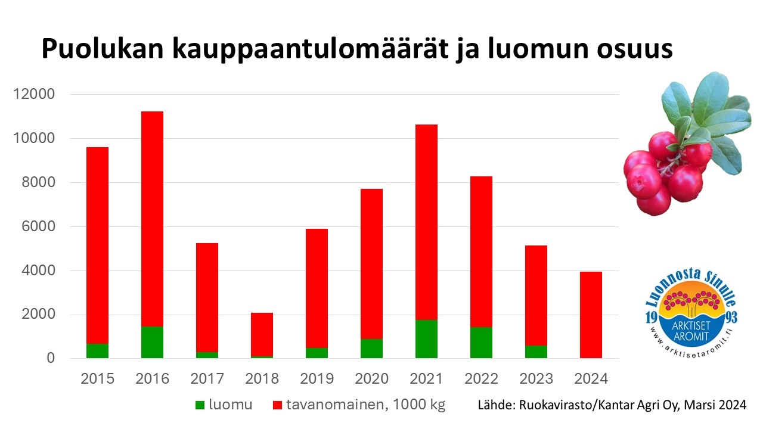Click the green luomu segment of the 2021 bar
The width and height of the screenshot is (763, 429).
click(426, 339)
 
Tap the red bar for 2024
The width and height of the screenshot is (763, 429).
click(591, 314)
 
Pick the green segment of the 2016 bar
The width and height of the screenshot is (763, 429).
click(152, 342)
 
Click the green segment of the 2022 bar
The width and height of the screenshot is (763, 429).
click(481, 343)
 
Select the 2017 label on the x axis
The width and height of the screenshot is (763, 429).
click(207, 379)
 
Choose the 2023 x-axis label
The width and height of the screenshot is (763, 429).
click(536, 379)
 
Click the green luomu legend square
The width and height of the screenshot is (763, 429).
click(200, 405)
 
